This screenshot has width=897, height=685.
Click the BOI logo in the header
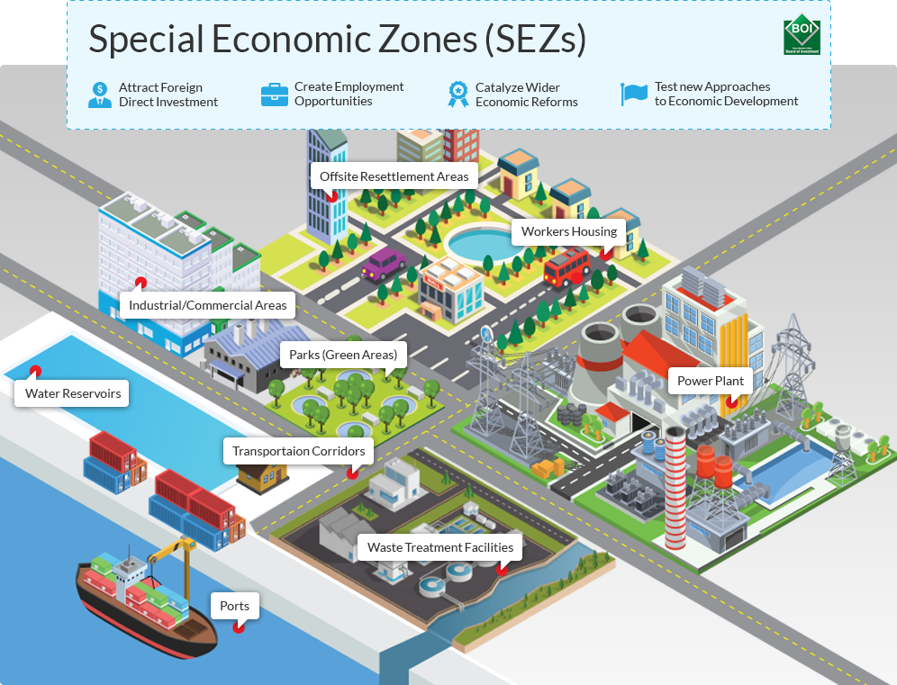802,36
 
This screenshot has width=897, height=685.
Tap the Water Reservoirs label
73,393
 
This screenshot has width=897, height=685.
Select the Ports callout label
234,606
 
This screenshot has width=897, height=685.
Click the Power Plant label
711,381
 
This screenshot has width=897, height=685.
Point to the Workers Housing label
569,231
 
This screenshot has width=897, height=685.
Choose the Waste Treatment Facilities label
440,547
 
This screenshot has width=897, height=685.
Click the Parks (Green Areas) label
343,355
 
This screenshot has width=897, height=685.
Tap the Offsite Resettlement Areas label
394,176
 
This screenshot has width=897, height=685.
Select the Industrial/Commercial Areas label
208,305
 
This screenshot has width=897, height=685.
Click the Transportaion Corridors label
299,451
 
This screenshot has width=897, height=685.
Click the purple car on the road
385,264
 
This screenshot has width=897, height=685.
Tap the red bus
567,266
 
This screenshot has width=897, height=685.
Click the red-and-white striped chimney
675,487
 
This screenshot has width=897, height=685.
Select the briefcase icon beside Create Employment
275,95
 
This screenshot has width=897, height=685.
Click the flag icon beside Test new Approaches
634,94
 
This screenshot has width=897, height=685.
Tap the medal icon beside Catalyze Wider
458,95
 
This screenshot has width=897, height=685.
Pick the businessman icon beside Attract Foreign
100,95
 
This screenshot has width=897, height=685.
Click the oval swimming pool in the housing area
480,242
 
